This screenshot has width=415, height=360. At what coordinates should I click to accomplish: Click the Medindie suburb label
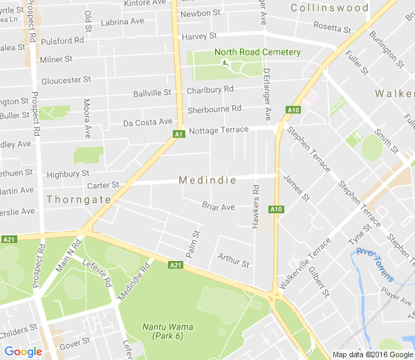tap(207, 180)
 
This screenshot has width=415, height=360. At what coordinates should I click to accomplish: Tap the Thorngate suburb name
tap(79, 199)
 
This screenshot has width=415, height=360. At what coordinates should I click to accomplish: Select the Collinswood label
tap(329, 8)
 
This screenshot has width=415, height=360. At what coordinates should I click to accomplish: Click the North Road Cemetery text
tap(257, 52)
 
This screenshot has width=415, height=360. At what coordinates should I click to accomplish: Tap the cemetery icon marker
tap(223, 63)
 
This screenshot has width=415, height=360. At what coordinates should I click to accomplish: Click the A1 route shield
tap(178, 133)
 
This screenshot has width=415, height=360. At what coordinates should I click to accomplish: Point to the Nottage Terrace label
tap(218, 130)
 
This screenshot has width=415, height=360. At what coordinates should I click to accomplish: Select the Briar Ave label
tap(219, 206)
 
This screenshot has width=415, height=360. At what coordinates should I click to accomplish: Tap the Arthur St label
tap(232, 261)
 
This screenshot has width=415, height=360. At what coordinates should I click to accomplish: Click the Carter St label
tap(103, 186)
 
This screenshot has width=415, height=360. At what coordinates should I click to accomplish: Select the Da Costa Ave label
tap(147, 123)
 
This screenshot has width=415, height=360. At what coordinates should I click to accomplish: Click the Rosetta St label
tap(332, 28)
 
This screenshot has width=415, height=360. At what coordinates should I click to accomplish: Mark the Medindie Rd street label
tap(134, 279)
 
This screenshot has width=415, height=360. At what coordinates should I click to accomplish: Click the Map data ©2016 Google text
tap(372, 354)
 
